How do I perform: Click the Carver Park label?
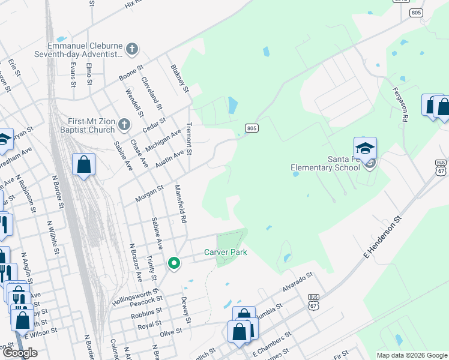click(225, 253)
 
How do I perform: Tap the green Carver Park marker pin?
click(174, 263)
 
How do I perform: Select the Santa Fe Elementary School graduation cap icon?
click(365, 149)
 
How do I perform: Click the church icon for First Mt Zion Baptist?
click(124, 125)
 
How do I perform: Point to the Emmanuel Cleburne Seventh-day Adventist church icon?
click(133, 49)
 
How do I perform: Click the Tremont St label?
click(188, 139)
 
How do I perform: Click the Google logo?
click(20, 353)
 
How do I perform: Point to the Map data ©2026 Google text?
click(411, 355)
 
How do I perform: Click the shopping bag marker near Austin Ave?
click(84, 164)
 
